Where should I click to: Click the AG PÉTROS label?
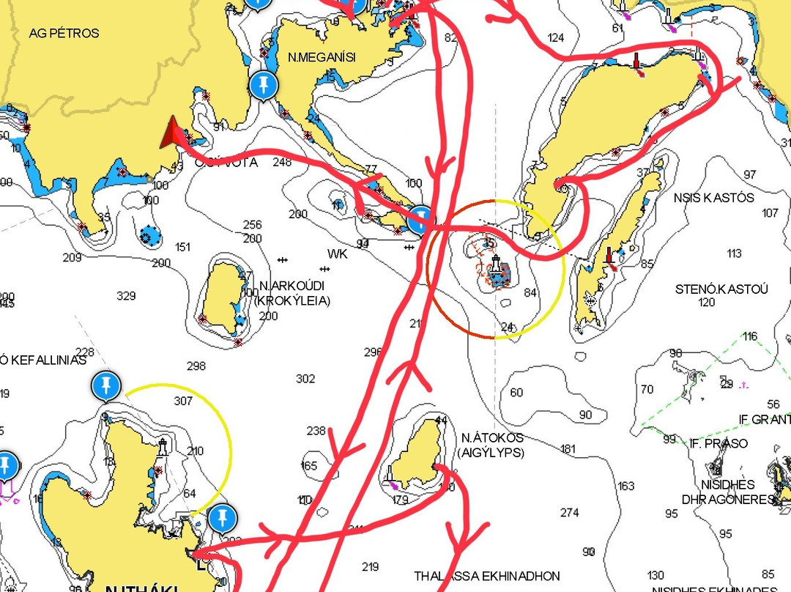click(x=64, y=34)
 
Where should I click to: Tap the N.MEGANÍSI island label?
click(x=322, y=57)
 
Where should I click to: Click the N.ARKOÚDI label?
click(x=291, y=285)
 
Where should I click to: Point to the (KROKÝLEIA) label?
click(x=291, y=300)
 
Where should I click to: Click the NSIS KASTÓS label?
click(x=714, y=198)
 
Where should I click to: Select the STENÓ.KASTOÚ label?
click(x=721, y=289)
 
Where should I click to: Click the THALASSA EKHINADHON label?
click(x=486, y=577)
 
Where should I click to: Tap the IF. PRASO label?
click(x=718, y=443)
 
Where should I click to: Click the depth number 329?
click(x=126, y=296)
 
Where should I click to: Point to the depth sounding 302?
click(x=305, y=379)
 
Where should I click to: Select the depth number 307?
click(x=183, y=401)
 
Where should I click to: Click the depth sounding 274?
click(x=569, y=512)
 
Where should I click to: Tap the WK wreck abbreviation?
click(x=338, y=254)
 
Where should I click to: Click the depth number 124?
click(x=556, y=37)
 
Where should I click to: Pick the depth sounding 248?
click(x=281, y=162)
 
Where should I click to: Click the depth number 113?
click(x=734, y=254)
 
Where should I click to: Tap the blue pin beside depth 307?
click(x=106, y=385)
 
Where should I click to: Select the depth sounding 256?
click(x=252, y=225)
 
